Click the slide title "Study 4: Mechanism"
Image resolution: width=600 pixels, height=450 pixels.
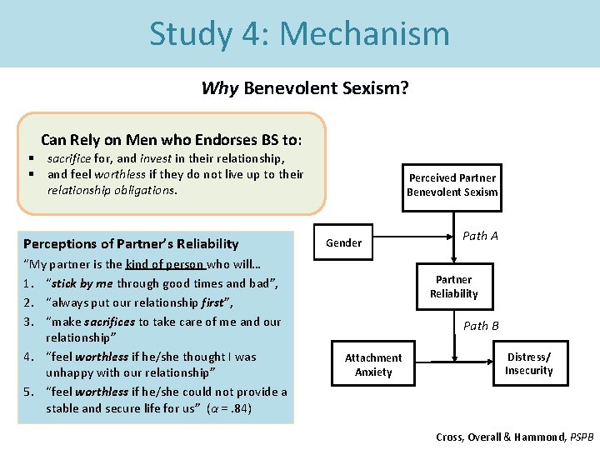point(299,33)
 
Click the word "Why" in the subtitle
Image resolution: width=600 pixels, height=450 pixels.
point(220,88)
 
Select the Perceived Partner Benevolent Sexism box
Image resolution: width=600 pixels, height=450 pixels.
point(452,185)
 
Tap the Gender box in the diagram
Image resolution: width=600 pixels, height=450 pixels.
point(343,243)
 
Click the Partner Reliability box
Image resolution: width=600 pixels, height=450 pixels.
point(453,287)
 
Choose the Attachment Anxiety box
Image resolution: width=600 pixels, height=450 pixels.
point(373,365)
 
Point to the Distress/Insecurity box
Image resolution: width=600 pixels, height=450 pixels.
point(528,364)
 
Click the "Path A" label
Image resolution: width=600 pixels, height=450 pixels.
point(480,236)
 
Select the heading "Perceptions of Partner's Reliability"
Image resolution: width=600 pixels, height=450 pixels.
point(131,244)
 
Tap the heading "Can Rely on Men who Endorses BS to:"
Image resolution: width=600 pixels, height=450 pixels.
point(172,139)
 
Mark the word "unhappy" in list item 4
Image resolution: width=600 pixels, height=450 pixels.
point(68,373)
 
